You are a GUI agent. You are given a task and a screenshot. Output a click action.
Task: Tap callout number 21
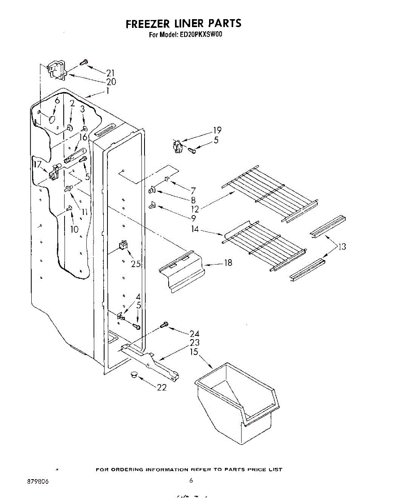(x=110, y=73)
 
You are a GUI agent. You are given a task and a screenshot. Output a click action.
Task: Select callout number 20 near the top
(x=111, y=82)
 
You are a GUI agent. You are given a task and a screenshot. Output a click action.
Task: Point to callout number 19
(x=217, y=130)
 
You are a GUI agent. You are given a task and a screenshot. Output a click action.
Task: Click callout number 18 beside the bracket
(x=228, y=263)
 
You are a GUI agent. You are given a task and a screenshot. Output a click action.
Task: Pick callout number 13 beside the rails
(x=342, y=247)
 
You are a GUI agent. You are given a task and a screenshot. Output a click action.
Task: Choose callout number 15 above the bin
(x=194, y=352)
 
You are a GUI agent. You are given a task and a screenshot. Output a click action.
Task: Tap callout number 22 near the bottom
(x=162, y=387)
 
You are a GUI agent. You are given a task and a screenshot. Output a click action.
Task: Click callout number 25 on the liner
(x=135, y=264)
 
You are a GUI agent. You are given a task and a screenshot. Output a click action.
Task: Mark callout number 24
(x=194, y=334)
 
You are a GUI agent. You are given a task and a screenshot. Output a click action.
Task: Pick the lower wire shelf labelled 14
(x=264, y=246)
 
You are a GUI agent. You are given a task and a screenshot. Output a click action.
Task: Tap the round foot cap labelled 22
(x=134, y=374)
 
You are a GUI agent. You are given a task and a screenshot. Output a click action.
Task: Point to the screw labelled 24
(x=164, y=325)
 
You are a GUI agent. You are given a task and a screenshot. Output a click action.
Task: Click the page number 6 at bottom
(x=191, y=480)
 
